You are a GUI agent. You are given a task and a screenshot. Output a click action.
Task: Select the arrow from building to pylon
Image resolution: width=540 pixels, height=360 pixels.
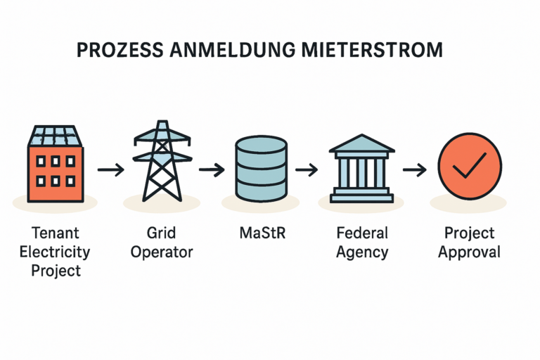(x=110, y=169)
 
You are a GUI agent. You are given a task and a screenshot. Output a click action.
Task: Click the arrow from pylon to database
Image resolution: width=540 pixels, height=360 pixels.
(x=211, y=169)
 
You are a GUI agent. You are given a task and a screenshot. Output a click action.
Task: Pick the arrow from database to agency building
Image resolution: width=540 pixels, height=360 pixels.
(x=308, y=169)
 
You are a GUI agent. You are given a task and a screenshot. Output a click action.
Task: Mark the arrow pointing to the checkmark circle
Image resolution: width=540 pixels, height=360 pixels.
(x=415, y=169)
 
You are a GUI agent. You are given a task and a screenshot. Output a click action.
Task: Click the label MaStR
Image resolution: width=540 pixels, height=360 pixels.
(x=262, y=233)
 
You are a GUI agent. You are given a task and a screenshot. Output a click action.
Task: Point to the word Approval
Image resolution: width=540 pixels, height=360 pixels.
(x=469, y=252)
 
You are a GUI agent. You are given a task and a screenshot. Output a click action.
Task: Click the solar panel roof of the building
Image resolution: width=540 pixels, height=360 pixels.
(x=56, y=136)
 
